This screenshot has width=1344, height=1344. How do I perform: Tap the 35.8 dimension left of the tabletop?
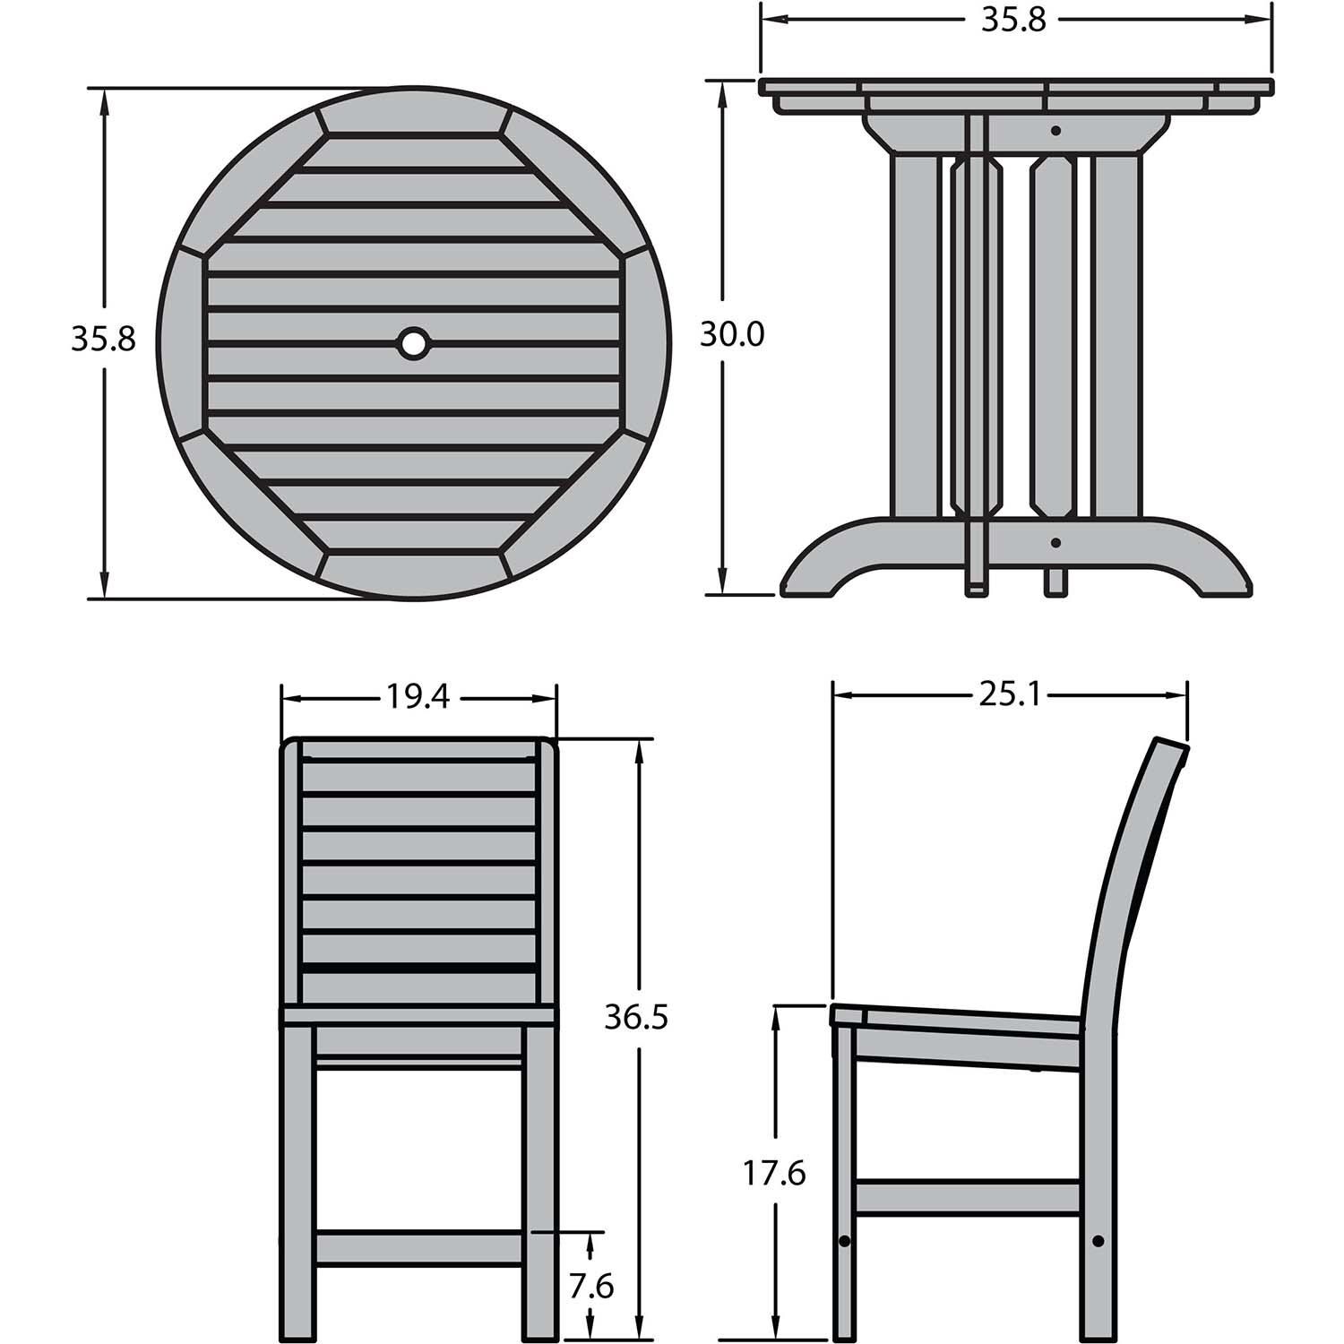click(103, 339)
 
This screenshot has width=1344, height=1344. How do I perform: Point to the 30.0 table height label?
click(732, 335)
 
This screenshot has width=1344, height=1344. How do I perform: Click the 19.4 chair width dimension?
click(418, 696)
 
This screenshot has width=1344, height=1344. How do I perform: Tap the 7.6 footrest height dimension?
click(590, 1288)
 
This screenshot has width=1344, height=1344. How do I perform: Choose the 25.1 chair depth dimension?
click(1010, 694)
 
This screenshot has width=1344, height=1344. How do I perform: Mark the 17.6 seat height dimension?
click(773, 1173)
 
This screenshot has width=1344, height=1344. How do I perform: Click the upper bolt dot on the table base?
click(1056, 131)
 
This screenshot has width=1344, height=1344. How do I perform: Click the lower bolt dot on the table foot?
click(1056, 542)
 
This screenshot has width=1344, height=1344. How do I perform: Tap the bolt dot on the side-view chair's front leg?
click(844, 1241)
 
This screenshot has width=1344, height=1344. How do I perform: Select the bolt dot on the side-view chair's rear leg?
click(1098, 1241)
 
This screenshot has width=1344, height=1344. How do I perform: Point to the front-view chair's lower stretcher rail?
click(419, 1247)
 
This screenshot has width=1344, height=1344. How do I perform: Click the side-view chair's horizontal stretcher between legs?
click(969, 1198)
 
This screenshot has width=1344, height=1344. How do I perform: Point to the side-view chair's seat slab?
click(959, 1026)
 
